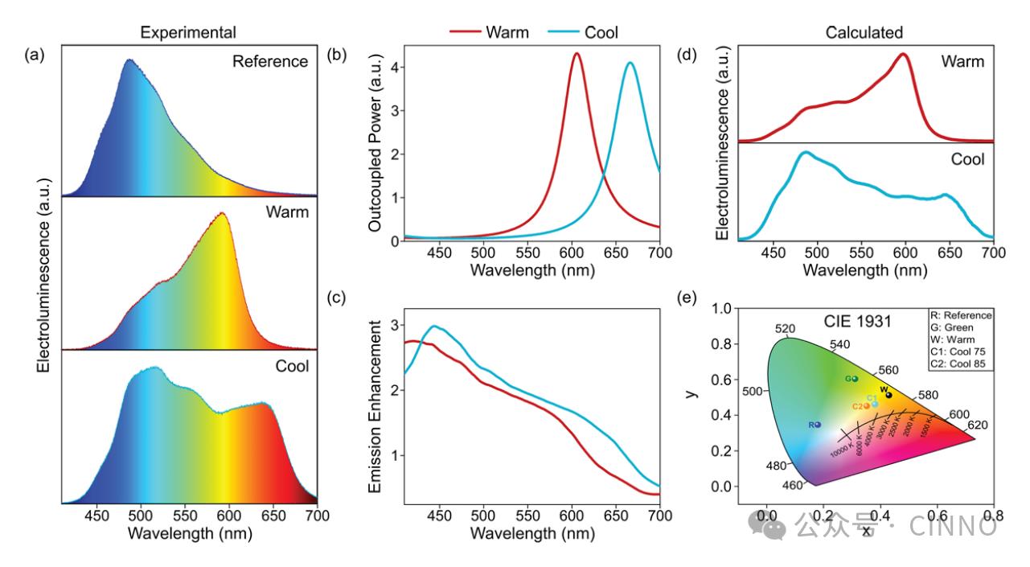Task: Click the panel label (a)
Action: point(34,55)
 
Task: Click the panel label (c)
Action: point(333,298)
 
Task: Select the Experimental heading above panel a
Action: point(187,32)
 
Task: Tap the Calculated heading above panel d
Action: point(864,32)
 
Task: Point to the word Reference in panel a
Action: point(270,61)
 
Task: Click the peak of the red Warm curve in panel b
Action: point(577,54)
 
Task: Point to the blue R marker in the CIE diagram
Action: point(818,424)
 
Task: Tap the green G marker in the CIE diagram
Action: point(855,378)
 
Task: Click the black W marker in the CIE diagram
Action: point(888,394)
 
